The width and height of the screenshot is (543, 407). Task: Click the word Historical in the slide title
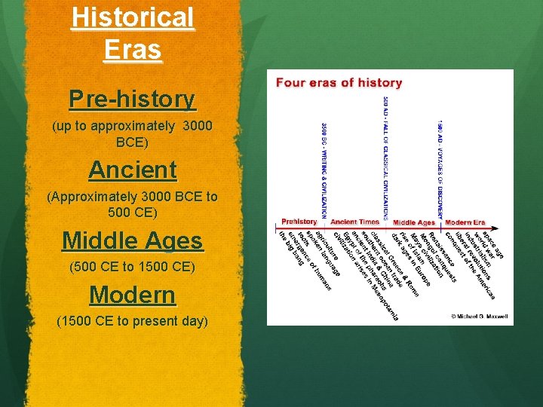(133, 18)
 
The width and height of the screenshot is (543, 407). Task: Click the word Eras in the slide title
(133, 50)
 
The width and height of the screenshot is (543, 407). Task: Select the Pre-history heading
(132, 99)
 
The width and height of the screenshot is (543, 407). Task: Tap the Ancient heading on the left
(132, 170)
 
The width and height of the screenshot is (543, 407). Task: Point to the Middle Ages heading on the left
(132, 241)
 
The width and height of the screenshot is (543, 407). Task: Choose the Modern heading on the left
(132, 295)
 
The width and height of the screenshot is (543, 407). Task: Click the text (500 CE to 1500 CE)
(132, 267)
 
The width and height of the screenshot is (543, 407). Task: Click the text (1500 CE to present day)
(132, 321)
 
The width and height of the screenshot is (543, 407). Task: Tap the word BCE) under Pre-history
(132, 142)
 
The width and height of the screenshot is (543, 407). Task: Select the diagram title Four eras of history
(339, 83)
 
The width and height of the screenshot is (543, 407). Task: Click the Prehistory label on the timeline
(299, 222)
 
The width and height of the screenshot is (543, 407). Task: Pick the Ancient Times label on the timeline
(354, 222)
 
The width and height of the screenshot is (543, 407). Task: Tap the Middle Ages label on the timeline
(414, 222)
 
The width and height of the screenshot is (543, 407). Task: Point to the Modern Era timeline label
(465, 222)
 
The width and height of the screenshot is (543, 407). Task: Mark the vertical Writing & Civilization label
(325, 170)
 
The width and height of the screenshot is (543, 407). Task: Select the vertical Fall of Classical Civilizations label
(385, 158)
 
